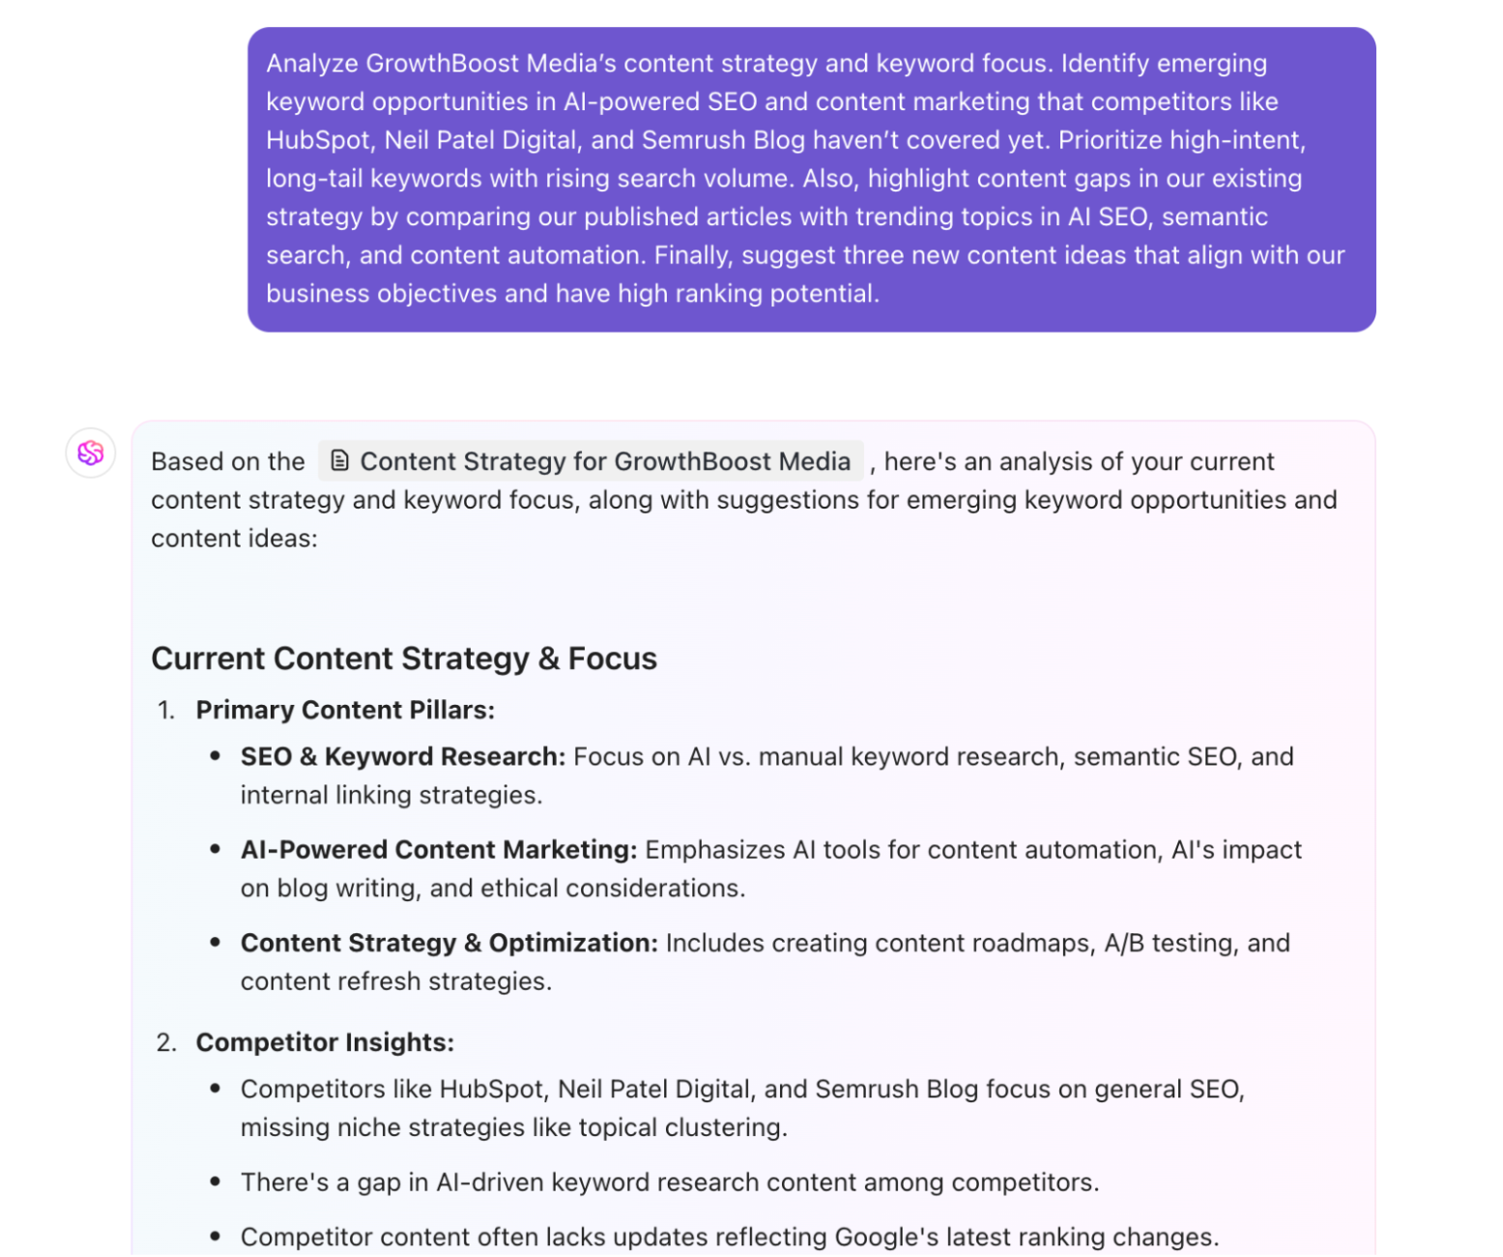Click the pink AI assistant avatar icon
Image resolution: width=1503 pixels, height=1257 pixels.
point(91,453)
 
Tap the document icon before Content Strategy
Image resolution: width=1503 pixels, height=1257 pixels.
point(339,460)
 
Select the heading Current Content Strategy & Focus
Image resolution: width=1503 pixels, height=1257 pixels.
point(404,658)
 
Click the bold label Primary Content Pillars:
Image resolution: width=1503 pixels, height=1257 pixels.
point(345,710)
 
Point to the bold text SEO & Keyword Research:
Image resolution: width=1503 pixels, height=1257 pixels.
point(402,756)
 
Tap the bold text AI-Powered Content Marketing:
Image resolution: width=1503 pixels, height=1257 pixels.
point(438,850)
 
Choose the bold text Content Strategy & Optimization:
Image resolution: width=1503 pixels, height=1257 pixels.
point(448,943)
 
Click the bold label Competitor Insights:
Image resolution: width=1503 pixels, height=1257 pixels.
point(325,1042)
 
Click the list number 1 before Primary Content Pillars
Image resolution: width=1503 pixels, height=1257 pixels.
point(165,711)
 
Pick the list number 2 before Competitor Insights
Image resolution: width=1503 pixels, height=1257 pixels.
point(165,1043)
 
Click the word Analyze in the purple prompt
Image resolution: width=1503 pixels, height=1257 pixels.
point(312,64)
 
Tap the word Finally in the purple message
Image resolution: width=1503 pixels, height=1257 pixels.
point(693,255)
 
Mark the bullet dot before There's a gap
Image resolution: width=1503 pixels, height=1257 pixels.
point(215,1183)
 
